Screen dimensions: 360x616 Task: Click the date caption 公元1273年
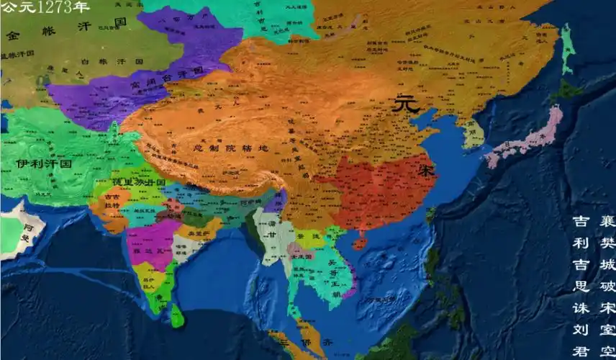45,8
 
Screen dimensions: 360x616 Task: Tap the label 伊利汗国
45,163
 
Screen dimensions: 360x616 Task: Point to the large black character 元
406,104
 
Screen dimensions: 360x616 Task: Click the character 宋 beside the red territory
427,172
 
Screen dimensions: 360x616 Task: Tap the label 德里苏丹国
137,183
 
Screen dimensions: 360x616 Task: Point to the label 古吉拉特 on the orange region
112,201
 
